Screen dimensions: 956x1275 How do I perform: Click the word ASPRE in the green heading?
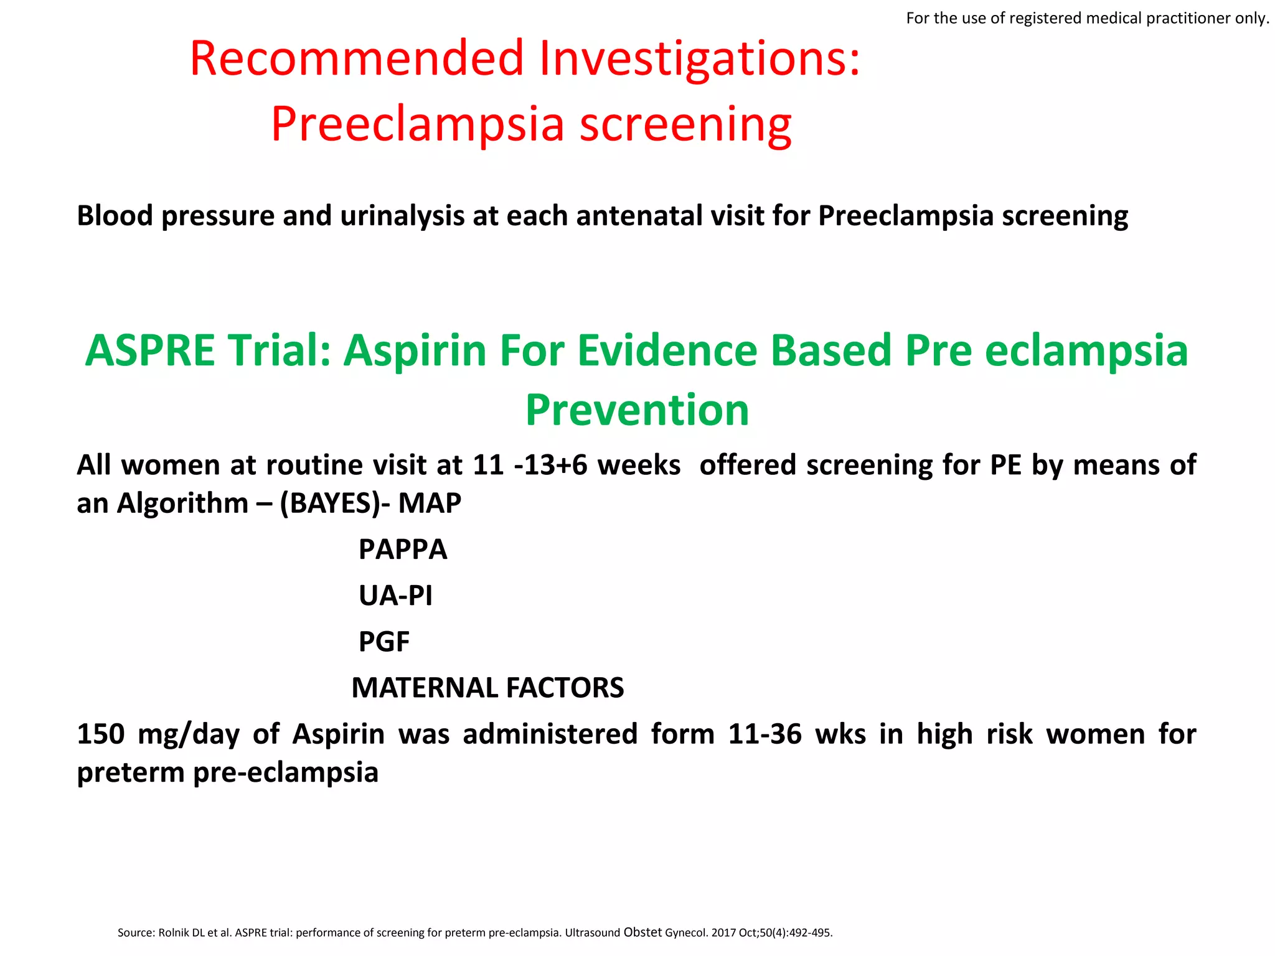pos(149,351)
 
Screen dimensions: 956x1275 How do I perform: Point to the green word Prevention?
pos(637,411)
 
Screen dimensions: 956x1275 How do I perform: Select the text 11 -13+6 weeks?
pos(576,465)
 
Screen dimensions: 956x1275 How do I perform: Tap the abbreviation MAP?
pos(430,503)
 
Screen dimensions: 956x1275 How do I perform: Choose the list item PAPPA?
pos(403,550)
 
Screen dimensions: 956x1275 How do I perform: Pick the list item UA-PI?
pos(395,596)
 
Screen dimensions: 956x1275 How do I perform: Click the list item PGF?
pos(384,642)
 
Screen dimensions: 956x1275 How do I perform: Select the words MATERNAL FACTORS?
pos(487,688)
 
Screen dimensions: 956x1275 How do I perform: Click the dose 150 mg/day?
pos(158,734)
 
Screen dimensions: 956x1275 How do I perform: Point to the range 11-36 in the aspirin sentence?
pos(765,734)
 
